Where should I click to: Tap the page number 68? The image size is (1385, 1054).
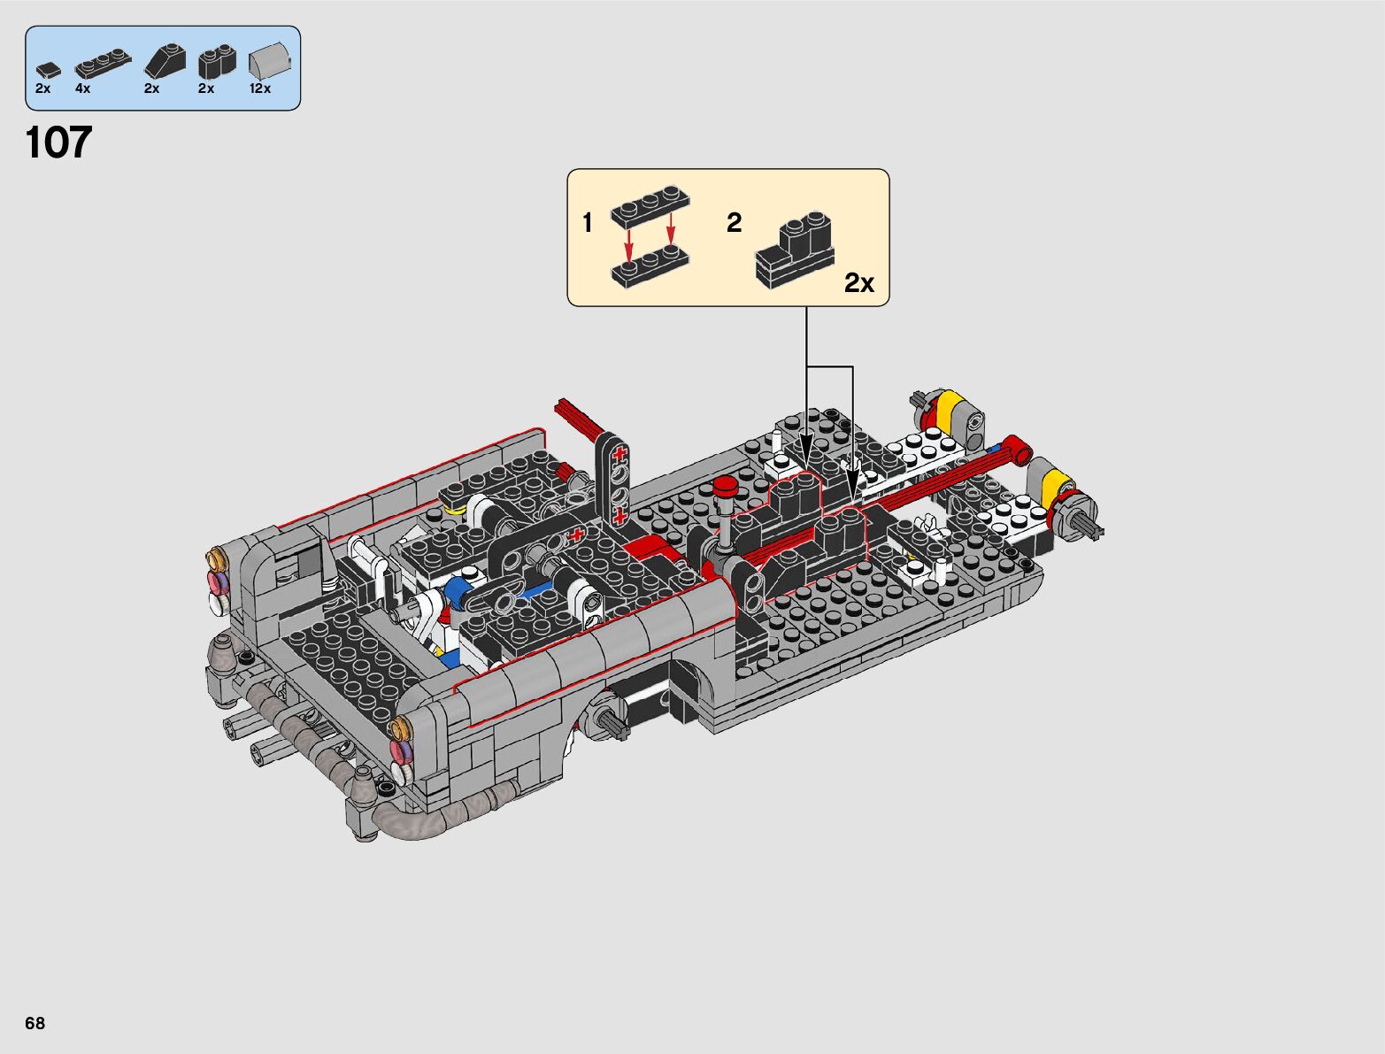35,1022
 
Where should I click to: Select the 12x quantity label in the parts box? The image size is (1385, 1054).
260,88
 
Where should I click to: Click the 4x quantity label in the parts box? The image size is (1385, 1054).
82,88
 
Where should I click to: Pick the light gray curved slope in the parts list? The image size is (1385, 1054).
269,62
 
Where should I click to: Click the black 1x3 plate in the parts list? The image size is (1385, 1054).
103,65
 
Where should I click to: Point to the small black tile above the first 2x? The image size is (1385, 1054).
49,71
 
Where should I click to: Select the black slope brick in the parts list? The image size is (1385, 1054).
165,61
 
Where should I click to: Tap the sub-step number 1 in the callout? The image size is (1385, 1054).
588,223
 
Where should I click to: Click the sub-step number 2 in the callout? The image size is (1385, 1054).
734,223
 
